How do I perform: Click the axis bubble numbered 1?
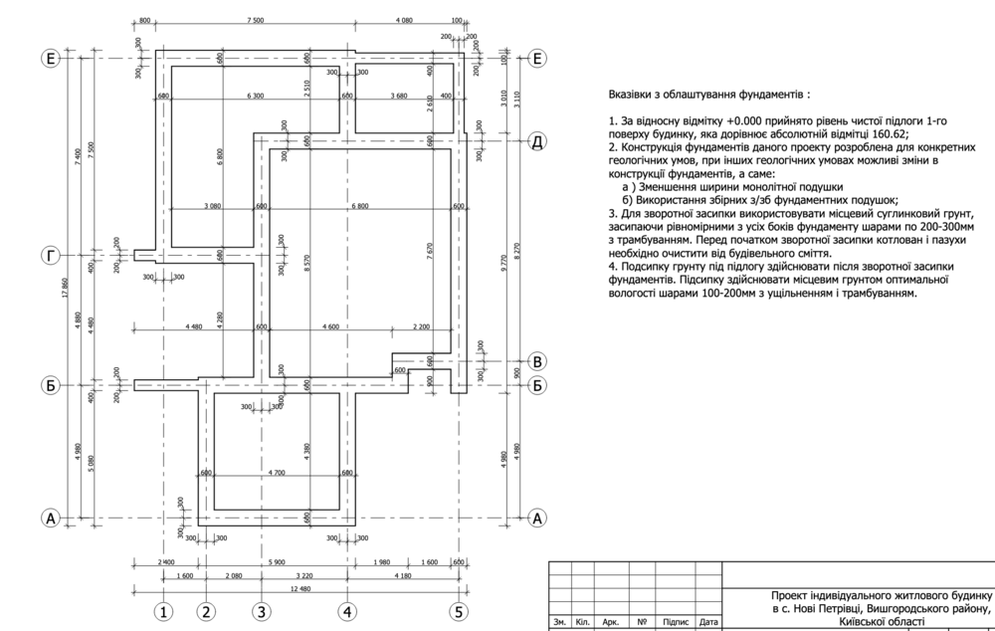[x=165, y=611]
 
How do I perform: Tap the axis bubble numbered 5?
[x=459, y=611]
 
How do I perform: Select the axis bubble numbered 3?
[x=261, y=611]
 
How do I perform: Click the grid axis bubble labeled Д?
[x=537, y=140]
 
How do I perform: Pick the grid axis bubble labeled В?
[x=537, y=361]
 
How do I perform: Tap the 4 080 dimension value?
[x=404, y=20]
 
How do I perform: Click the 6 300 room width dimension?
[x=256, y=96]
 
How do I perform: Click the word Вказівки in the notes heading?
[x=638, y=95]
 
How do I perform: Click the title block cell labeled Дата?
[x=708, y=622]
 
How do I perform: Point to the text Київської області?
[x=882, y=621]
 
